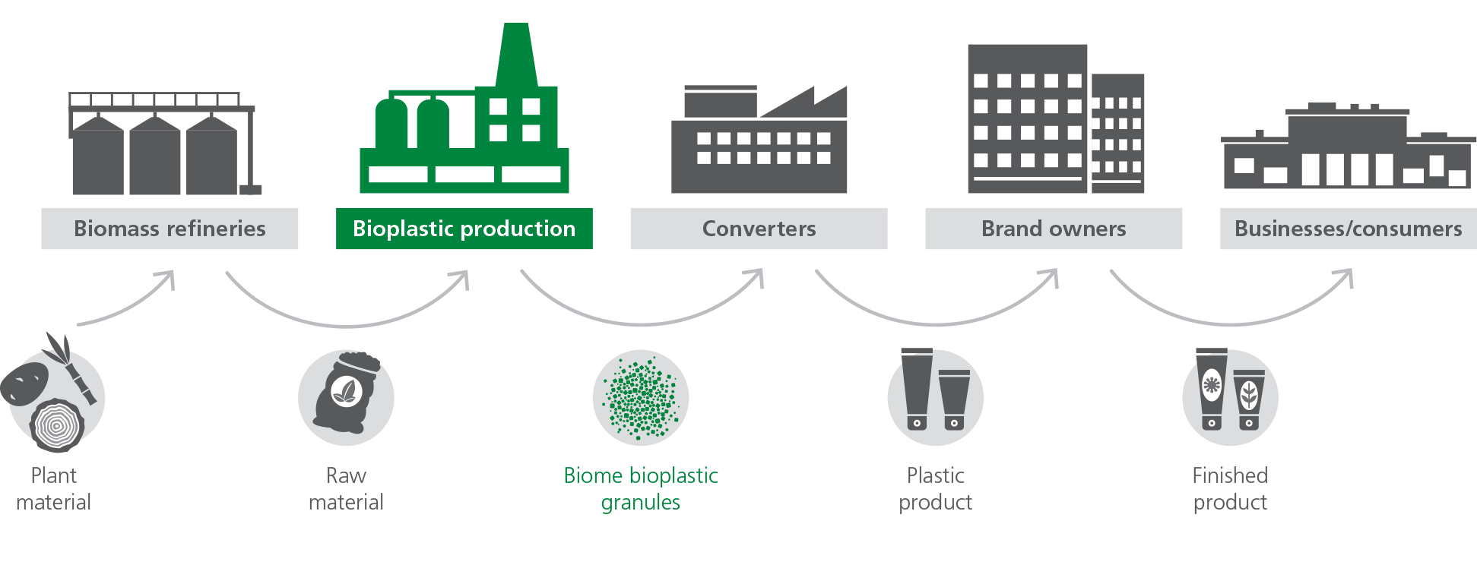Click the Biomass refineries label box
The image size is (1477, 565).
pos(170,229)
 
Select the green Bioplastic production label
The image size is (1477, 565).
pos(464,229)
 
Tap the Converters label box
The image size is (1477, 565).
pos(759,229)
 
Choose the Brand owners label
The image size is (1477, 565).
pos(1054,229)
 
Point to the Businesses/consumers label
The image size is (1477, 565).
pos(1348,229)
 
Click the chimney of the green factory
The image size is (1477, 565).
pos(516,53)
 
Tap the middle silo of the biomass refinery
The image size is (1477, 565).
pos(155,156)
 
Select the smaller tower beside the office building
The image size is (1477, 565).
pos(1117,133)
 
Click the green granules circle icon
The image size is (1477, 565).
pos(641,397)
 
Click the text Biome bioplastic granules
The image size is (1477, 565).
pos(641,488)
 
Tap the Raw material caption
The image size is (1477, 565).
pos(346,488)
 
